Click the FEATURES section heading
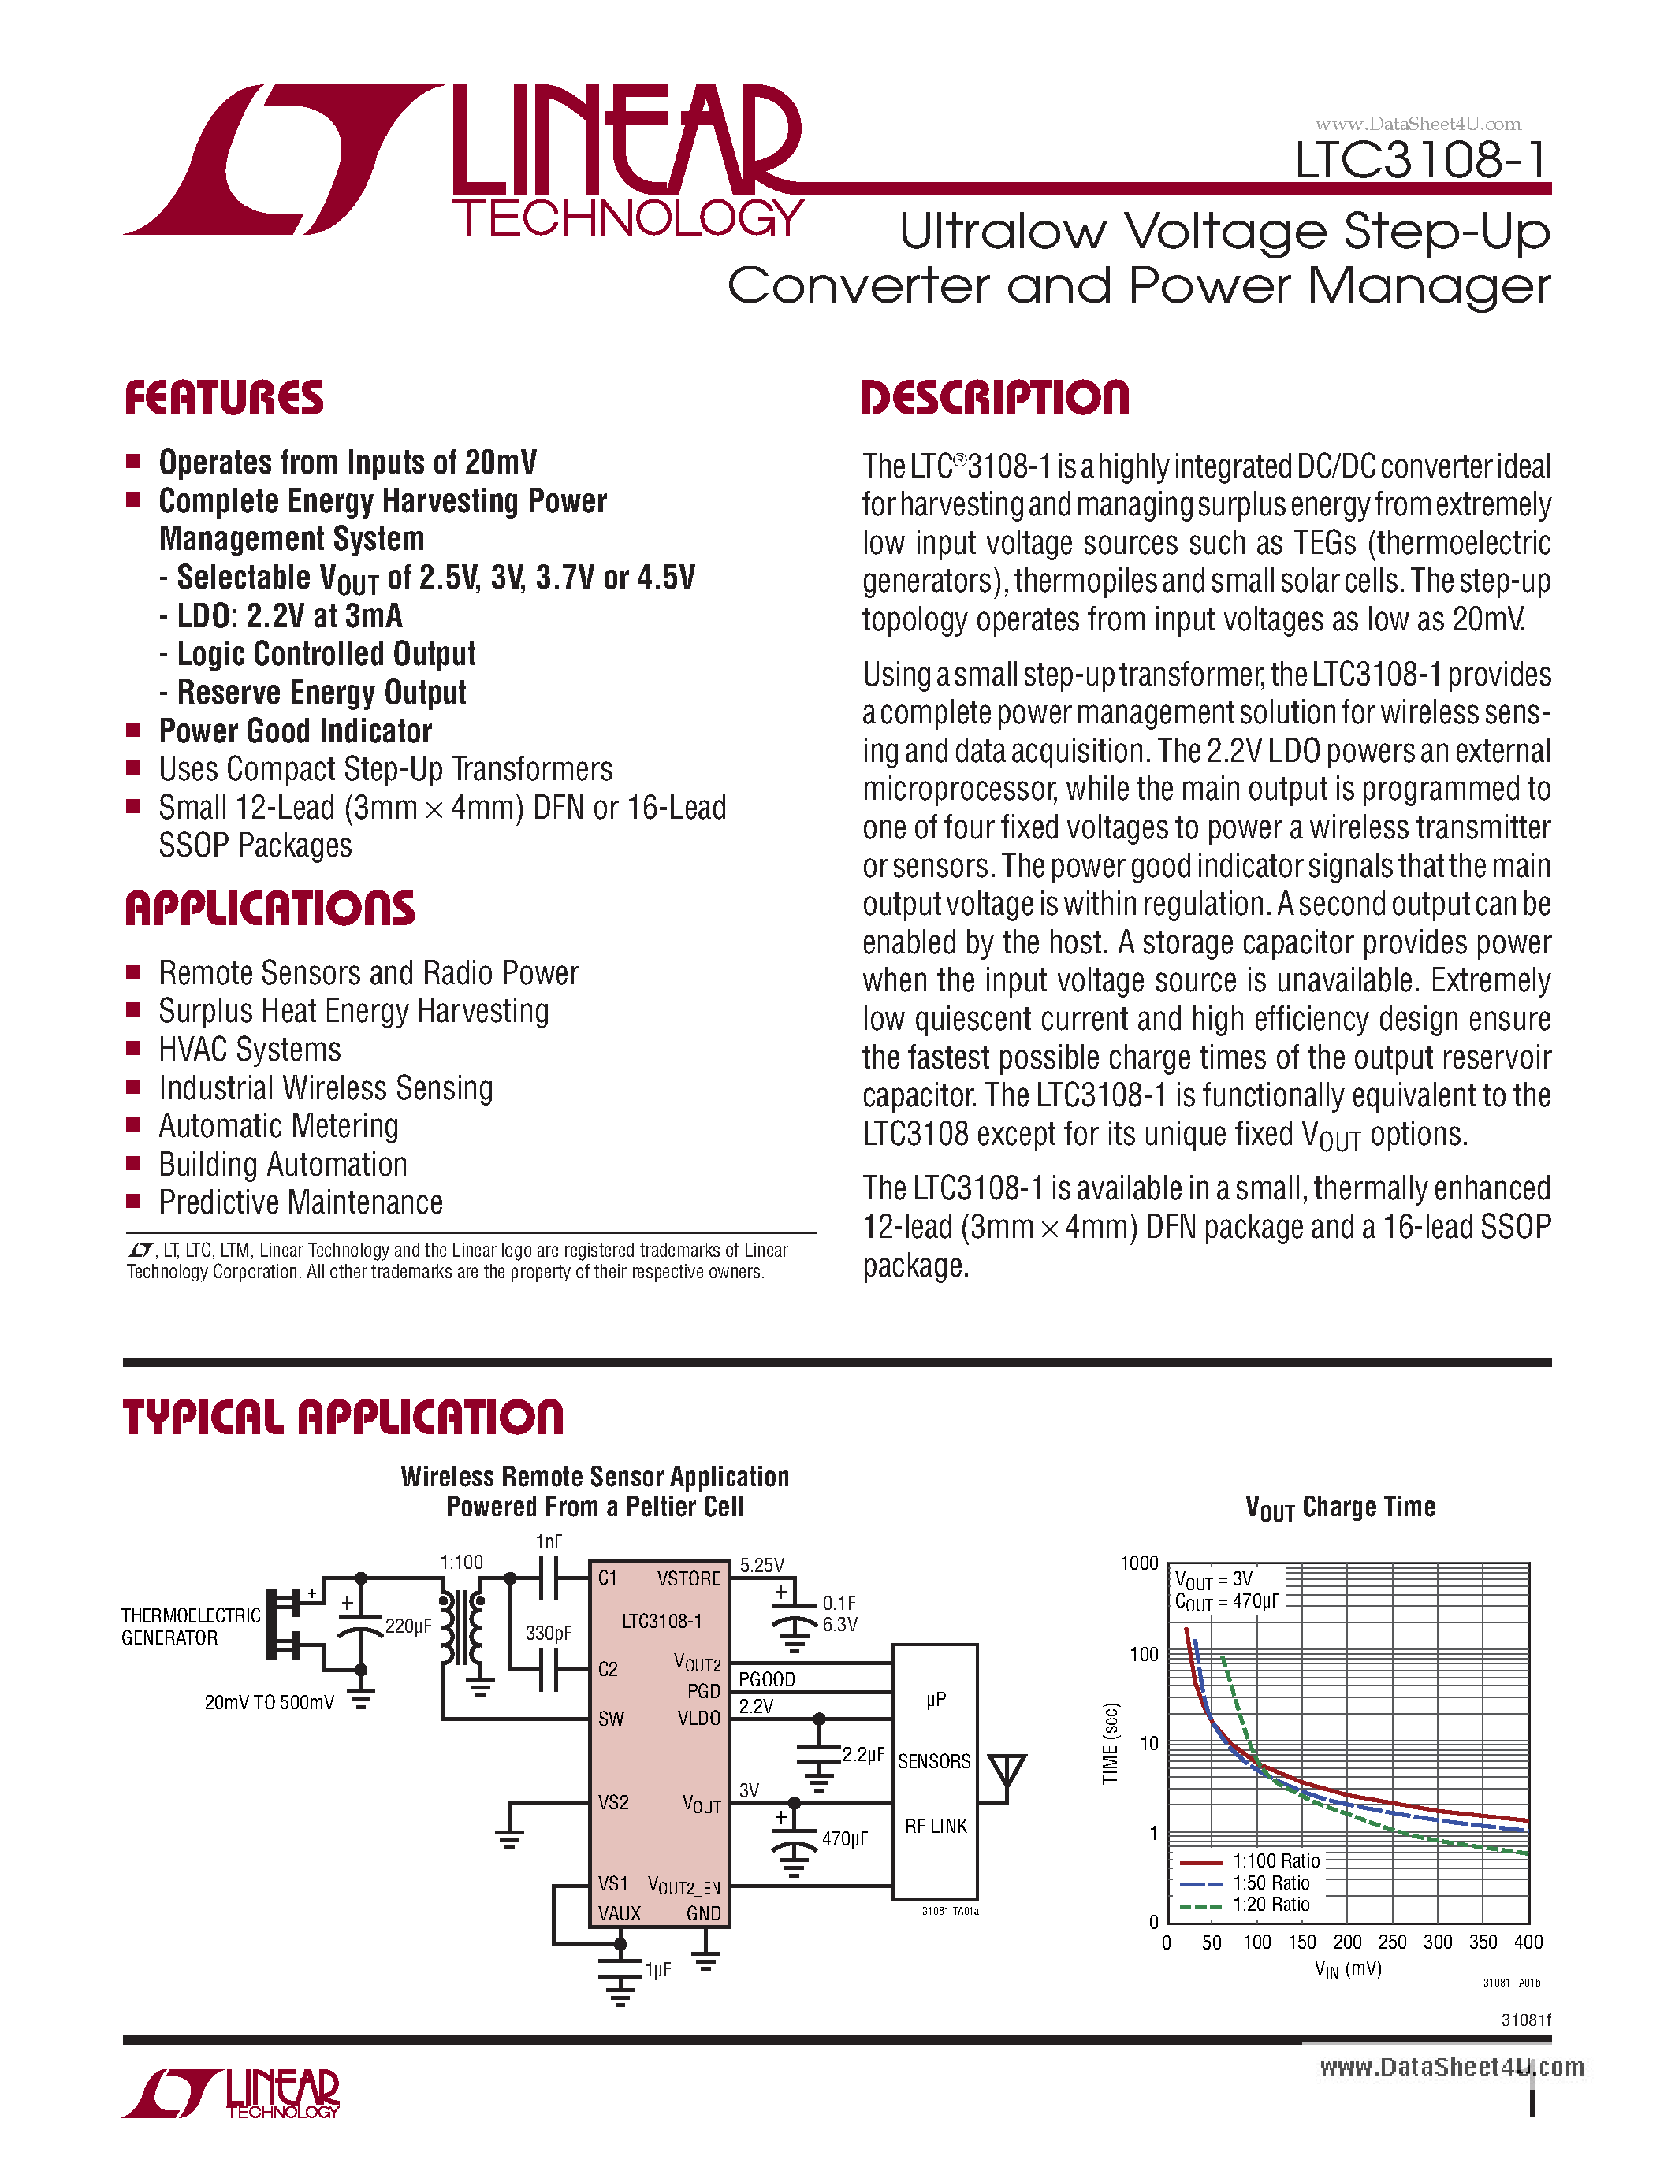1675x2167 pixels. point(225,398)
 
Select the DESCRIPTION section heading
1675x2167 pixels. point(996,398)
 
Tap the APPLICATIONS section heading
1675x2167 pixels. point(270,909)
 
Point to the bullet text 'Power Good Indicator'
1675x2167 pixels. point(296,731)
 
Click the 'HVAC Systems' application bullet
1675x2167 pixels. point(250,1050)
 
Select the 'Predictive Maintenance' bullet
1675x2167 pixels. point(300,1202)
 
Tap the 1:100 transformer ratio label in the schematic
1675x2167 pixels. point(461,1563)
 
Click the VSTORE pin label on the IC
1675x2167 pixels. point(689,1578)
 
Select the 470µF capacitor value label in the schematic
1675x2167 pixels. point(844,1838)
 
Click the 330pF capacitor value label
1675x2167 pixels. point(548,1634)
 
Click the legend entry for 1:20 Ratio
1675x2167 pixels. point(1270,1904)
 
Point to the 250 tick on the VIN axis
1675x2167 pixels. point(1392,1942)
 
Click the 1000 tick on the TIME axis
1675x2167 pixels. point(1139,1563)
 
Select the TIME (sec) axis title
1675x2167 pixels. point(1111,1743)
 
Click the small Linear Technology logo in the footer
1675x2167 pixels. point(231,2095)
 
